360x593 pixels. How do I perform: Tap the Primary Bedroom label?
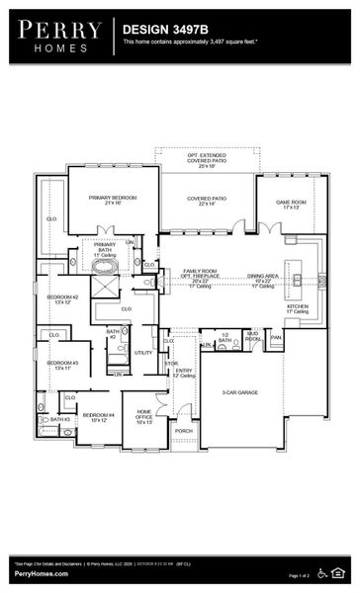[112, 200]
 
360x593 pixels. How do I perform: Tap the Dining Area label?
[263, 279]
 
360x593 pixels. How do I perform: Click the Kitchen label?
[298, 308]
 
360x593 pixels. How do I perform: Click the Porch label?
[184, 431]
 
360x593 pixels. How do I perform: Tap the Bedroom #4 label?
[98, 417]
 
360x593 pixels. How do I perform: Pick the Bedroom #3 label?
[62, 365]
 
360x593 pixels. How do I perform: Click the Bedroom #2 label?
[62, 298]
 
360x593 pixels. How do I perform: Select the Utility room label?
[143, 352]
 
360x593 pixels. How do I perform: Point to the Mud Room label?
[253, 338]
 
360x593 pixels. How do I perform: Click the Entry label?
[184, 373]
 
